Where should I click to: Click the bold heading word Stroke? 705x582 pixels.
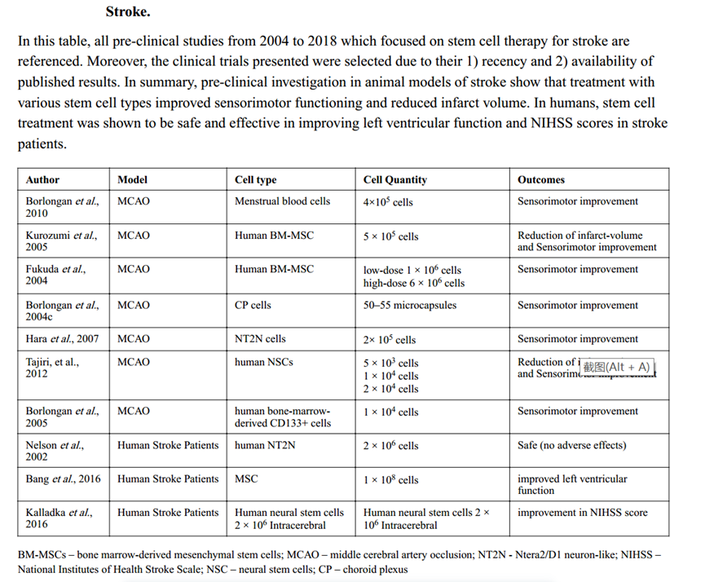click(128, 12)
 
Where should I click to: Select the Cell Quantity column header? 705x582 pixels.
click(394, 179)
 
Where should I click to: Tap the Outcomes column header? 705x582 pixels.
click(541, 179)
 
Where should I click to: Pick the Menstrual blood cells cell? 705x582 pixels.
click(282, 201)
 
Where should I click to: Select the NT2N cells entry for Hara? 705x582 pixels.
click(260, 339)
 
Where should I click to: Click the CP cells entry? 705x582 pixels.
click(253, 305)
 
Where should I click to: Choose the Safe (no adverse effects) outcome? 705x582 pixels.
click(571, 446)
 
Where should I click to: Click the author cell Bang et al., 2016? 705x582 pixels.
click(64, 479)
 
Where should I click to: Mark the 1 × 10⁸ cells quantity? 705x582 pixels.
click(390, 480)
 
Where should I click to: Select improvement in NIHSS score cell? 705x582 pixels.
click(583, 513)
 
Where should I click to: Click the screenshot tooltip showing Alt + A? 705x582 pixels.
click(617, 367)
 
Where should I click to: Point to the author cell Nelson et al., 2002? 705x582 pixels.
click(55, 452)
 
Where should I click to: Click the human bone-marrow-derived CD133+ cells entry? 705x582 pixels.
click(282, 417)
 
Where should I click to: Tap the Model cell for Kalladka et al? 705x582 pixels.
click(168, 513)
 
